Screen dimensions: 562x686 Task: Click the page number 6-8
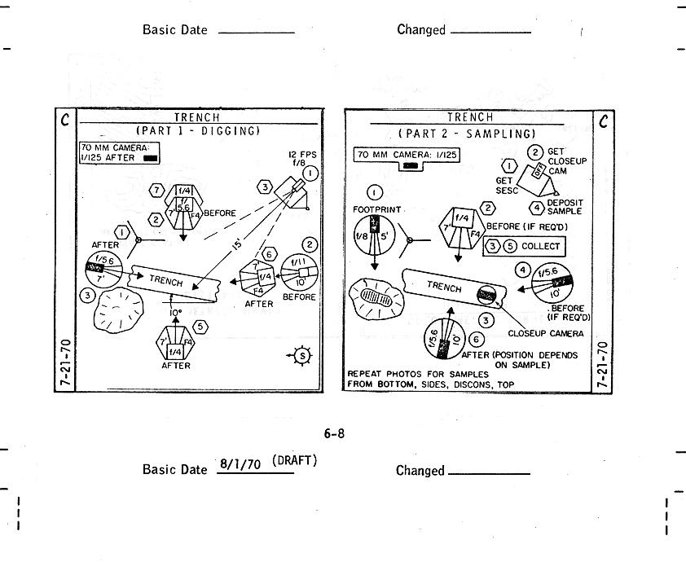click(334, 433)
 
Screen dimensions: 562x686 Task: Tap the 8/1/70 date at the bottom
click(240, 464)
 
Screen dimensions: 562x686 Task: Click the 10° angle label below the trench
click(174, 312)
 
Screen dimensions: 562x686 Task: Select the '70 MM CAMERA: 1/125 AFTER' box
click(119, 152)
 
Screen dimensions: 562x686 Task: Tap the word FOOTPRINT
click(373, 209)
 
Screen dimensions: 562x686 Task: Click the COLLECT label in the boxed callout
click(540, 246)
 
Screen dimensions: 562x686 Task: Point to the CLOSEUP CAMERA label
click(544, 332)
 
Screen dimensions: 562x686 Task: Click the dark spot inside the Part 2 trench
click(486, 293)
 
